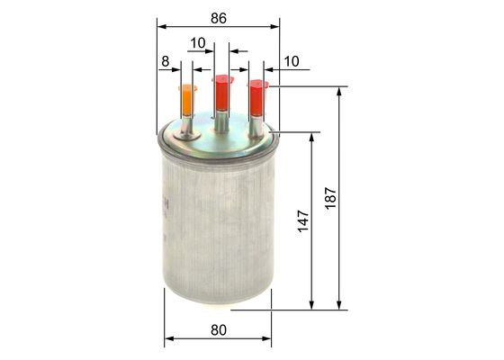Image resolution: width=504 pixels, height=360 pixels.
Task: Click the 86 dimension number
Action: pos(218,16)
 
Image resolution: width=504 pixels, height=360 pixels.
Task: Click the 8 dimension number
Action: pos(165,62)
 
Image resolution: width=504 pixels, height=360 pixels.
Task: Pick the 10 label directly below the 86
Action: pos(198,42)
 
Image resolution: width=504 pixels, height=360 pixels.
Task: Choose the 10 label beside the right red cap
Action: pos(291,61)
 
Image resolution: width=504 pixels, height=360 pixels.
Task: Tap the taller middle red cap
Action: pos(221,93)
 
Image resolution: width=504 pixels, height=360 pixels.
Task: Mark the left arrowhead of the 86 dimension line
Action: pos(161,27)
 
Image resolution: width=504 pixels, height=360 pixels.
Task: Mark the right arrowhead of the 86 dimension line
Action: pos(275,27)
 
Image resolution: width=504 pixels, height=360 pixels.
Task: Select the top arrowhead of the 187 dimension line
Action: pos(340,91)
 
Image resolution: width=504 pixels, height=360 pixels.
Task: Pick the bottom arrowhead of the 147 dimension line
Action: pos(312,305)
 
